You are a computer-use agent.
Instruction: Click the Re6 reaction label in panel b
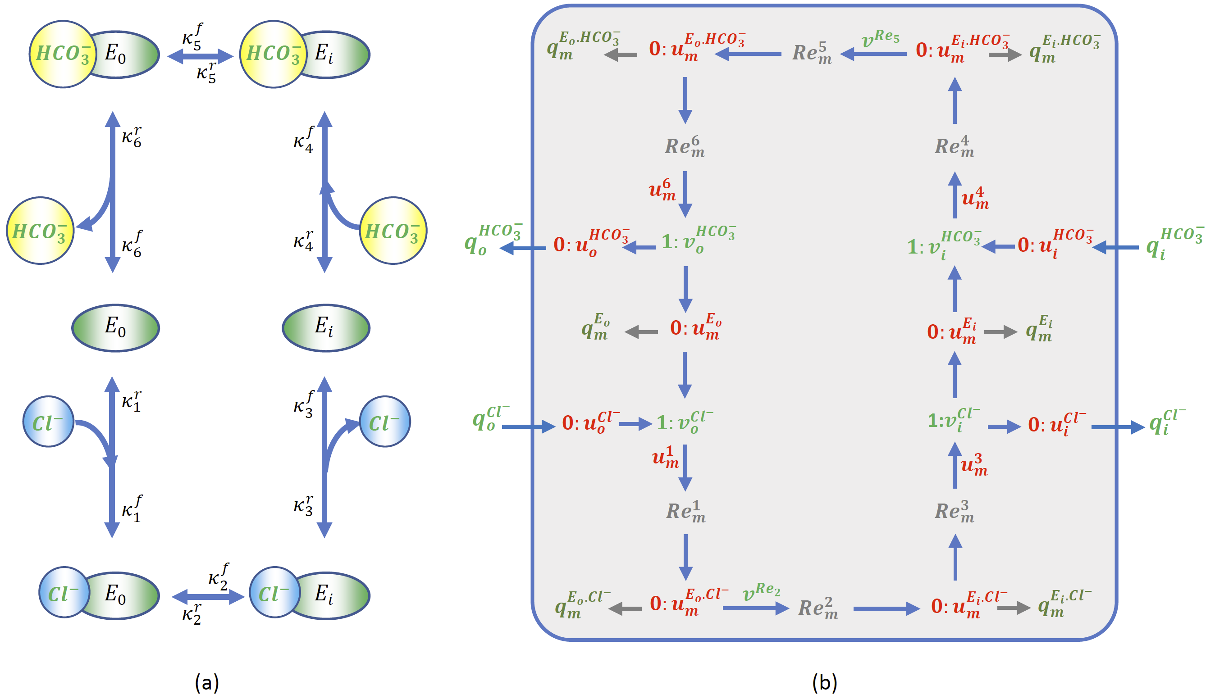[x=684, y=147]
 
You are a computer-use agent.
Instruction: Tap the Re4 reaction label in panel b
[x=954, y=147]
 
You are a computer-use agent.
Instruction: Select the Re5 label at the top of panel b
[x=812, y=53]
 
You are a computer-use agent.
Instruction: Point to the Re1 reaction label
[x=685, y=512]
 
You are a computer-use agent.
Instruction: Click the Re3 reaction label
[x=954, y=512]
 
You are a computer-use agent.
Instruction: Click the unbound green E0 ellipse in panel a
[x=115, y=328]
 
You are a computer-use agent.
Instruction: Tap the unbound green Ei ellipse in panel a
[x=325, y=328]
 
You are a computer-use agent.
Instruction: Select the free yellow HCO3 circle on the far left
[x=40, y=231]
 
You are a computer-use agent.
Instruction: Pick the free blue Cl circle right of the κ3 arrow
[x=385, y=422]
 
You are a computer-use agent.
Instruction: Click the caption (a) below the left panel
[x=207, y=682]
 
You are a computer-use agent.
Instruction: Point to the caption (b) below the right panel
[x=824, y=682]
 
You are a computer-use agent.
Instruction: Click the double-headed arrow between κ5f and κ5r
[x=200, y=56]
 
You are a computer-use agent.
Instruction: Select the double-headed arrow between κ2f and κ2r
[x=208, y=597]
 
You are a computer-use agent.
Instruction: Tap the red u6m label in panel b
[x=663, y=189]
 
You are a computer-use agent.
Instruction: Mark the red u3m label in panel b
[x=974, y=465]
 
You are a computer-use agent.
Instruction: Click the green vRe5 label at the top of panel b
[x=880, y=38]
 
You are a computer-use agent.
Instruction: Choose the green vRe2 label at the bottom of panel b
[x=761, y=592]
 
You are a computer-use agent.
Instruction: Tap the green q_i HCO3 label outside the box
[x=1174, y=243]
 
